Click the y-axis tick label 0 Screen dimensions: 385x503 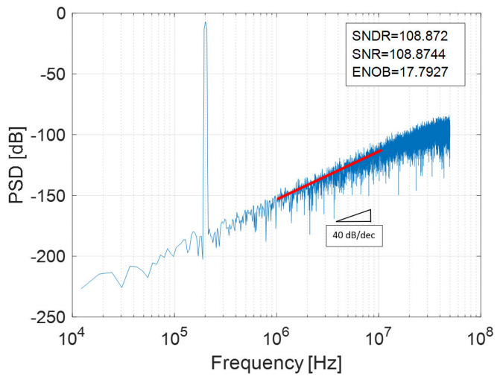59,13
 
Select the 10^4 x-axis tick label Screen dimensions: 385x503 72,337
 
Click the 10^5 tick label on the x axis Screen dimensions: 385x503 174,337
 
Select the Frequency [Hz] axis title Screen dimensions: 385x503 275,364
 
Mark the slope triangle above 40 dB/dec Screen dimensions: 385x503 358,216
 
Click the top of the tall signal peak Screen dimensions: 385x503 205,22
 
